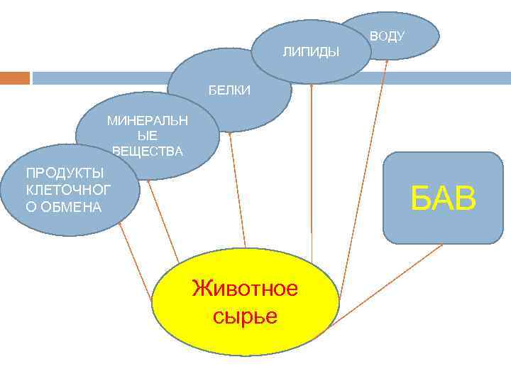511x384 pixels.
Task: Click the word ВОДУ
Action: [x=387, y=36]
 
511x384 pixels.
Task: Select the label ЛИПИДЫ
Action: [x=311, y=52]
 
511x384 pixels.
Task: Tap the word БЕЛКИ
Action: [x=229, y=90]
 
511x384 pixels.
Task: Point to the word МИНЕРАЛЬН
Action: [x=148, y=120]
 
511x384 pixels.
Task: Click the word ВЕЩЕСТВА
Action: [x=148, y=151]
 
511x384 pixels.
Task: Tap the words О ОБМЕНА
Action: [x=64, y=207]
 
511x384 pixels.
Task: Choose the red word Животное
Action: [x=245, y=289]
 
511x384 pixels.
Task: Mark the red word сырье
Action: [x=245, y=315]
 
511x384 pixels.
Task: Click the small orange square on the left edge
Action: [x=15, y=78]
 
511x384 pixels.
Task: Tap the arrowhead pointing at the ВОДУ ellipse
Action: [x=387, y=62]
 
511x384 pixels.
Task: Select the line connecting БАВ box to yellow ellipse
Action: [x=387, y=284]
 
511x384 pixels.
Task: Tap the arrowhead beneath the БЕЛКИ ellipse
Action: [x=229, y=135]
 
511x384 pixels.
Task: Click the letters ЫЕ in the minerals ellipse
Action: [x=148, y=135]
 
